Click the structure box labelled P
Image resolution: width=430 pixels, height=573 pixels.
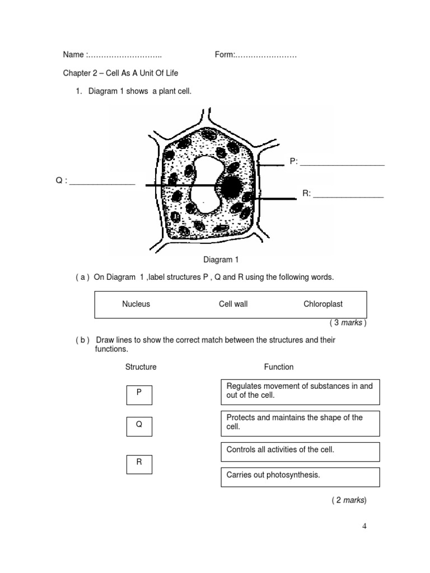(139, 394)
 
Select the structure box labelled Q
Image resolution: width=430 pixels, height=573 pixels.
(139, 426)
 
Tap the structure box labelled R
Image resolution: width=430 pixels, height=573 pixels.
(139, 464)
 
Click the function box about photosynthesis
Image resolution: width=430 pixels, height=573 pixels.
(300, 477)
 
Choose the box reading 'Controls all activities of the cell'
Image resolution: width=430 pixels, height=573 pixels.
(300, 452)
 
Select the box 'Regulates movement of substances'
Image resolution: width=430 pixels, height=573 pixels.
(300, 392)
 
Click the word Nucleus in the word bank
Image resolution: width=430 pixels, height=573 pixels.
(136, 304)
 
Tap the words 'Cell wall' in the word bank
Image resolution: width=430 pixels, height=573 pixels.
(233, 304)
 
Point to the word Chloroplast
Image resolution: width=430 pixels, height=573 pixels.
(323, 304)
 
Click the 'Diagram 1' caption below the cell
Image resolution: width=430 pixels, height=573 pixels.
(221, 260)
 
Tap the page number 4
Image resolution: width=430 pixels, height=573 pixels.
(364, 525)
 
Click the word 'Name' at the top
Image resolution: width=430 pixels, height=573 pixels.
(73, 55)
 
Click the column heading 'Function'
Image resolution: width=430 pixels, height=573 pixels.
(279, 367)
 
